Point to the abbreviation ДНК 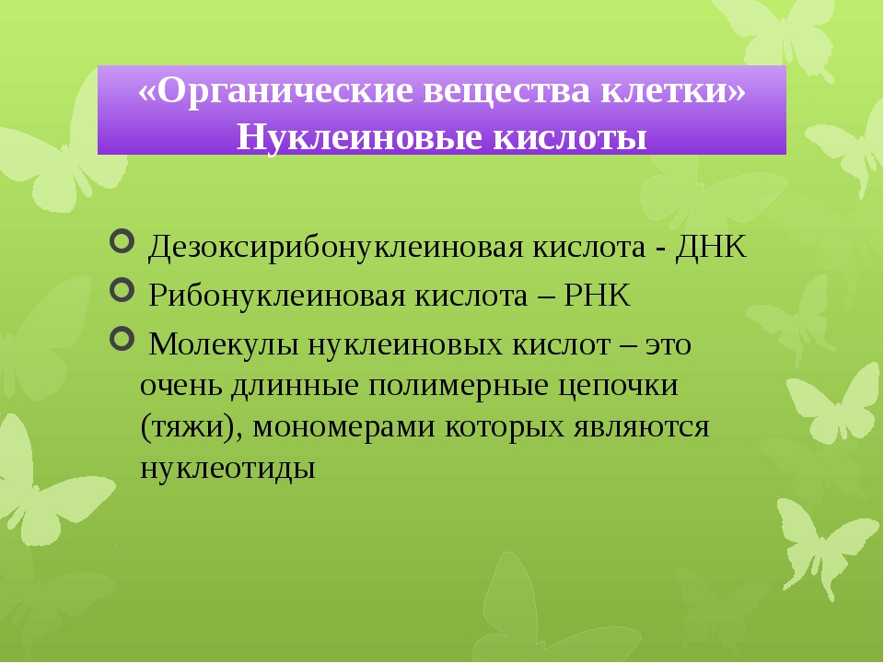coord(711,247)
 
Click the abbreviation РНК coord(597,295)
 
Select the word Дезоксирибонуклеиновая coord(335,248)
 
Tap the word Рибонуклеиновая coord(277,296)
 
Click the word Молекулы coord(223,344)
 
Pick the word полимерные coord(459,386)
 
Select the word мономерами coord(343,427)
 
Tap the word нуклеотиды coord(227,469)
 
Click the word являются coord(642,427)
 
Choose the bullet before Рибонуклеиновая coord(122,290)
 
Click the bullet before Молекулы coord(122,339)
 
